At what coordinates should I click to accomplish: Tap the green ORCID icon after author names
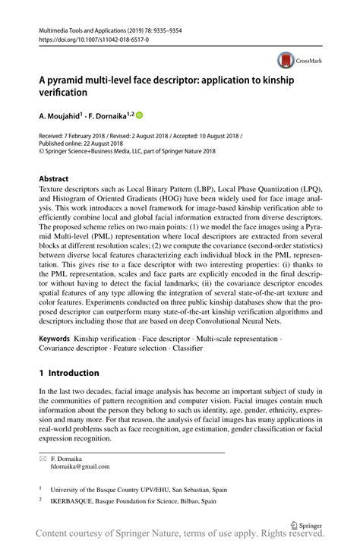tap(139, 116)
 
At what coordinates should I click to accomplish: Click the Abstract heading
tap(56, 178)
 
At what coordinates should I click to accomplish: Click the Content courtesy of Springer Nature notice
tap(180, 535)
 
